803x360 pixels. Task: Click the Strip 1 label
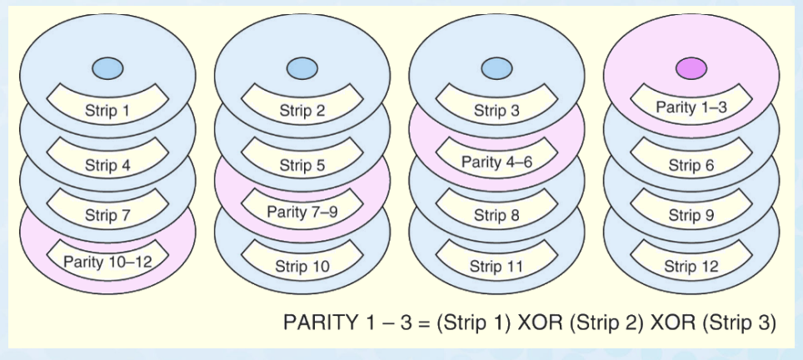pos(107,110)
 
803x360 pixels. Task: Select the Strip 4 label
pos(107,163)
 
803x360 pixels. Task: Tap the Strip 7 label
pos(107,215)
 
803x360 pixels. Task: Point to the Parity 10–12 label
pos(107,261)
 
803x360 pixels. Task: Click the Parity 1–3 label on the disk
pos(691,107)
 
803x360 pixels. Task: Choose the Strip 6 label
pos(691,165)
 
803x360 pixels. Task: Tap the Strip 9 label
pos(691,215)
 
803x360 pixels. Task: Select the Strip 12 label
pos(691,267)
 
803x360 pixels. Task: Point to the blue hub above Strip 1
pos(107,67)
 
